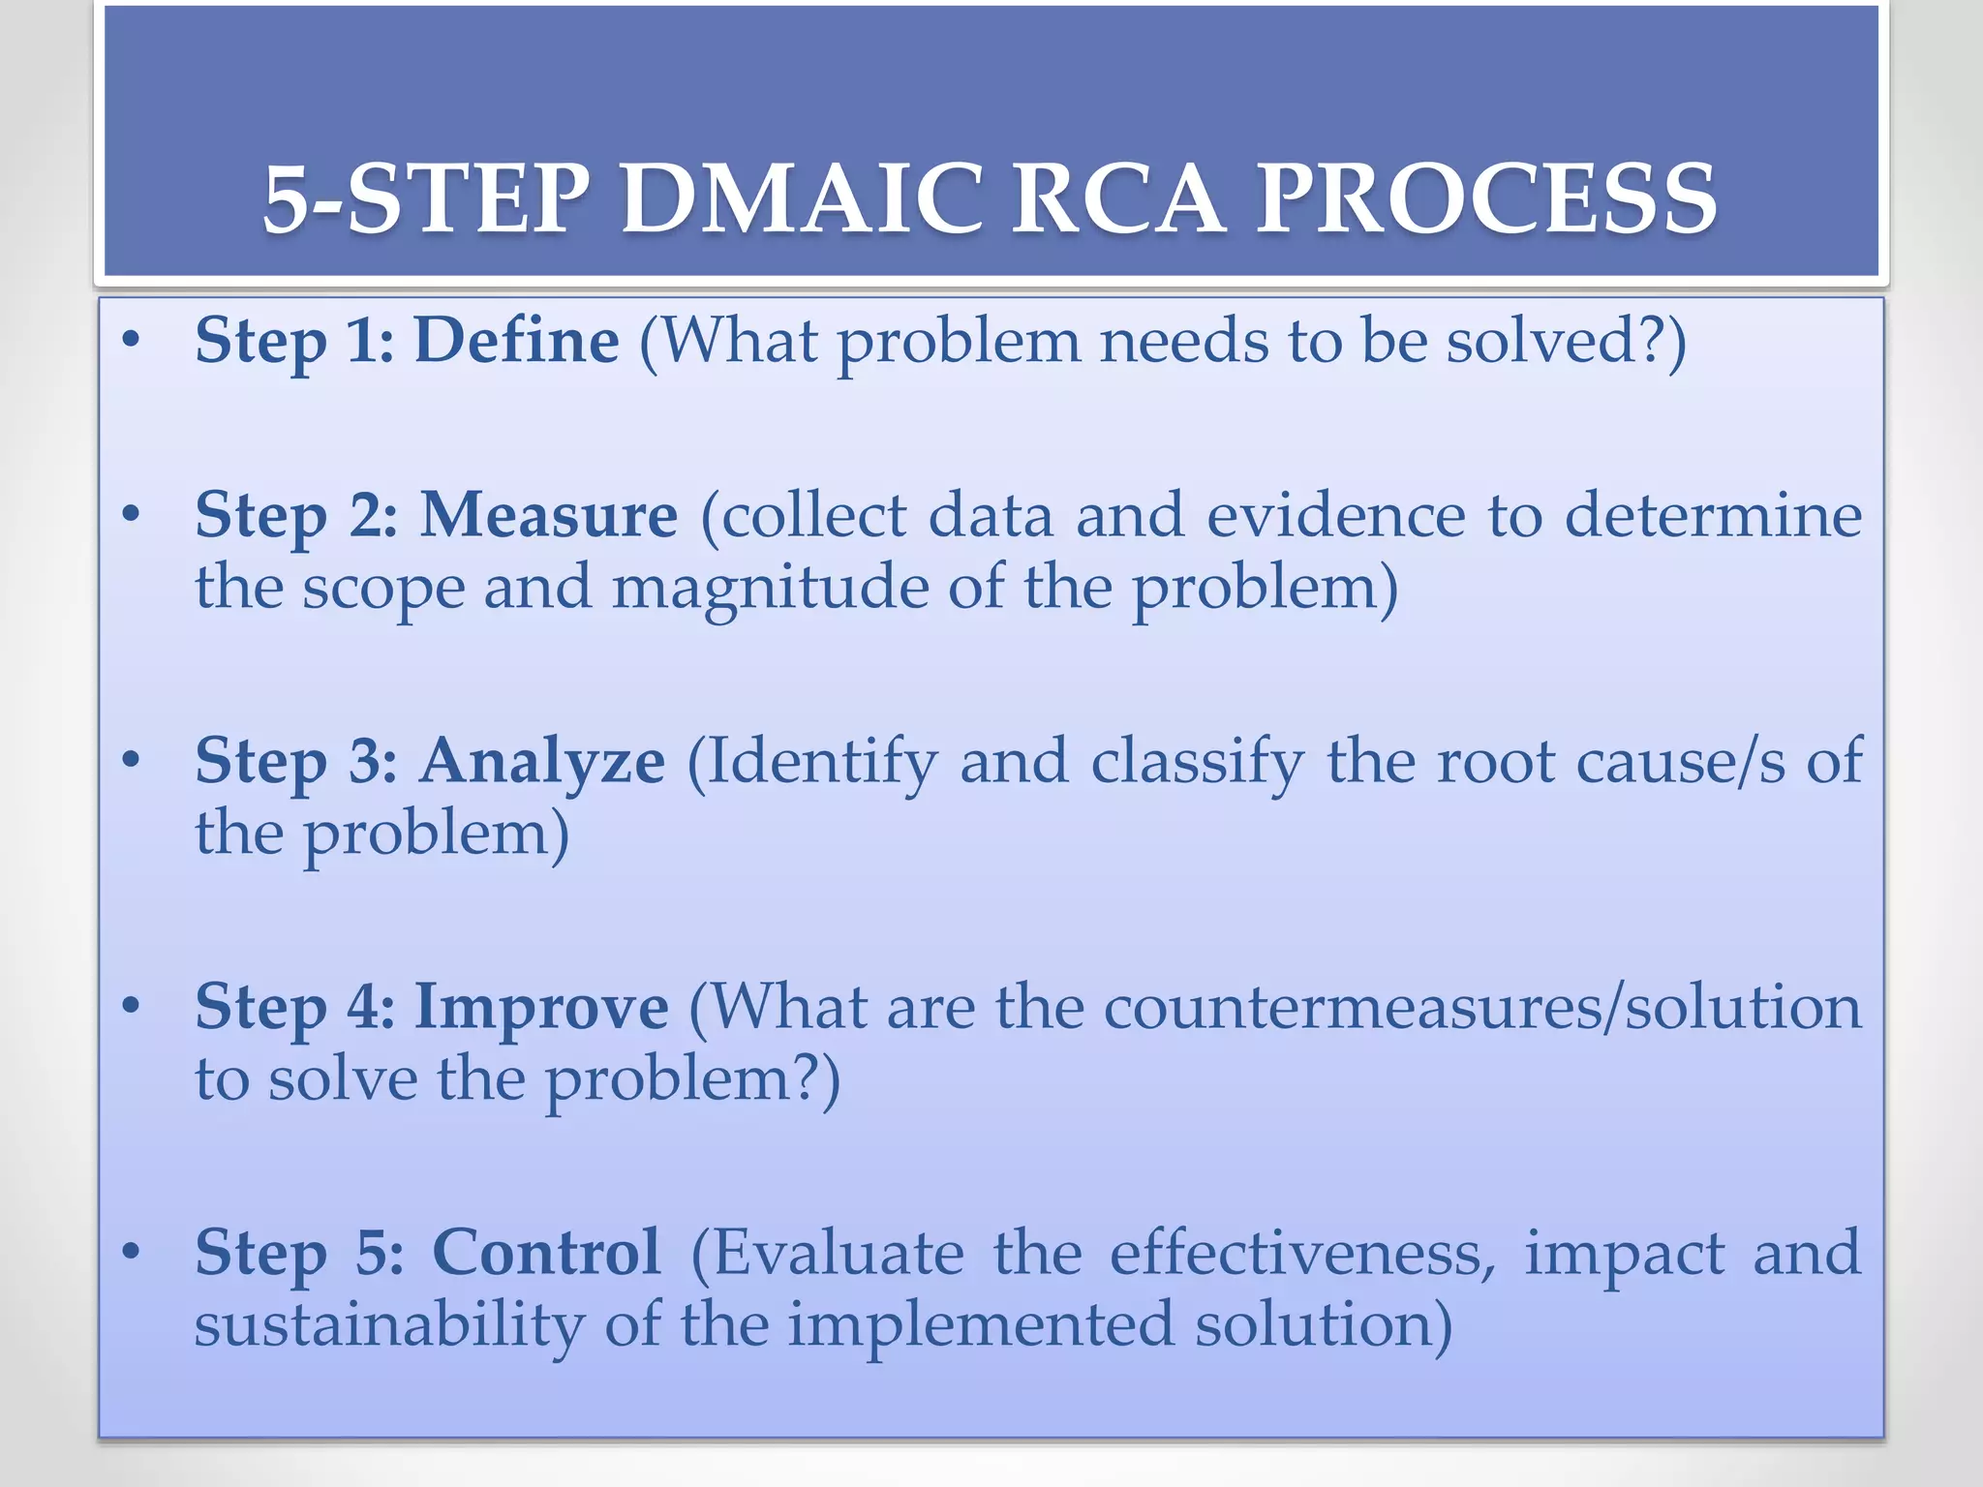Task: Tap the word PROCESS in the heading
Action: (1486, 199)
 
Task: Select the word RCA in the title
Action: (1119, 199)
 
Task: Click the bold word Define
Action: (516, 341)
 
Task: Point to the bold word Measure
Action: (548, 514)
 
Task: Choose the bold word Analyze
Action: (542, 761)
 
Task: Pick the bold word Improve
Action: (541, 1007)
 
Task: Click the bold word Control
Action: (546, 1253)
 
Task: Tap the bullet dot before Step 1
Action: (132, 341)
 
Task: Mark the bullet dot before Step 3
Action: (132, 761)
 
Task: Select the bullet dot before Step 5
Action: (132, 1253)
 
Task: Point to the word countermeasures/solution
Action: (1482, 1007)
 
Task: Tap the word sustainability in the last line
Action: (389, 1324)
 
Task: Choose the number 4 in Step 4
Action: (369, 1007)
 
